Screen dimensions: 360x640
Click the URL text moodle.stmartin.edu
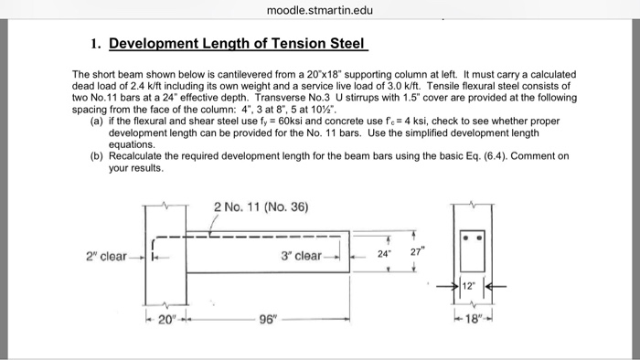click(x=319, y=11)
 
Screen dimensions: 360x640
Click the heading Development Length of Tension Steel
click(x=238, y=43)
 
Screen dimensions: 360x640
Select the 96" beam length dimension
click(x=268, y=320)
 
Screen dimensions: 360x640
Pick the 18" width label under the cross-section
click(x=475, y=319)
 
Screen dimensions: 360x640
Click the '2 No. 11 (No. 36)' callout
click(x=261, y=206)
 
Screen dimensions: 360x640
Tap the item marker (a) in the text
click(x=96, y=121)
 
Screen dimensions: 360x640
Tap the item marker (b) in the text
click(x=96, y=156)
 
